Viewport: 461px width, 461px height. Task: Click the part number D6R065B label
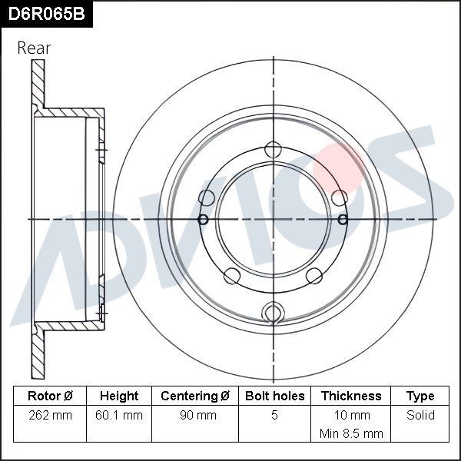(46, 13)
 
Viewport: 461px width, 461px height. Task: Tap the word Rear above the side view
(34, 48)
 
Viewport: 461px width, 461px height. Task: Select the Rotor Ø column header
(50, 396)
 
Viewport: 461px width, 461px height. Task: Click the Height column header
(119, 396)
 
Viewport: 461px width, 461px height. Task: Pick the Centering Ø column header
(195, 396)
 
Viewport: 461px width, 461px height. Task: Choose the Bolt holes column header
(274, 396)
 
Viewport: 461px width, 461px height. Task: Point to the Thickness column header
(351, 396)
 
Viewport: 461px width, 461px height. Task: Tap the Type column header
(420, 396)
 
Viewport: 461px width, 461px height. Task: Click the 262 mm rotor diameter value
(50, 416)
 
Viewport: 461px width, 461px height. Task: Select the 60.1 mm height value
(119, 416)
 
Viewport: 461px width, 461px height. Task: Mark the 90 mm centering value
(195, 416)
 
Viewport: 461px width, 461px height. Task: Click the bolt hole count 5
(274, 416)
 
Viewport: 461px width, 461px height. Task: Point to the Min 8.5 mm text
(351, 434)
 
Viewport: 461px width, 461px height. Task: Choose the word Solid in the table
(420, 416)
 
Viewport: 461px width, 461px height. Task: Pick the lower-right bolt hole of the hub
(313, 275)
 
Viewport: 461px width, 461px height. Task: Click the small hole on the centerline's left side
(204, 220)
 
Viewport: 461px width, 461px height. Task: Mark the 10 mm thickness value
(351, 416)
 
